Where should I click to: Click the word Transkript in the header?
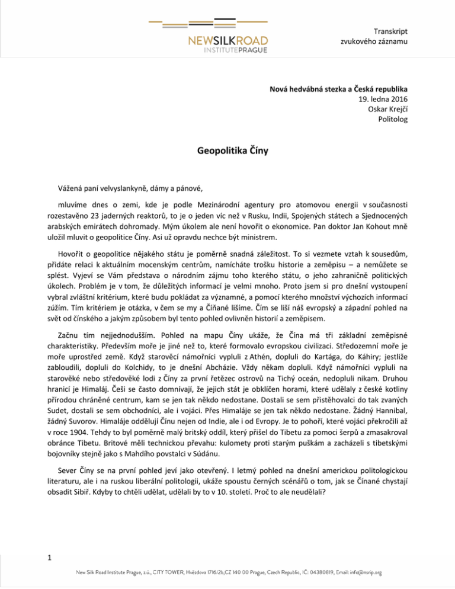tap(391, 30)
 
